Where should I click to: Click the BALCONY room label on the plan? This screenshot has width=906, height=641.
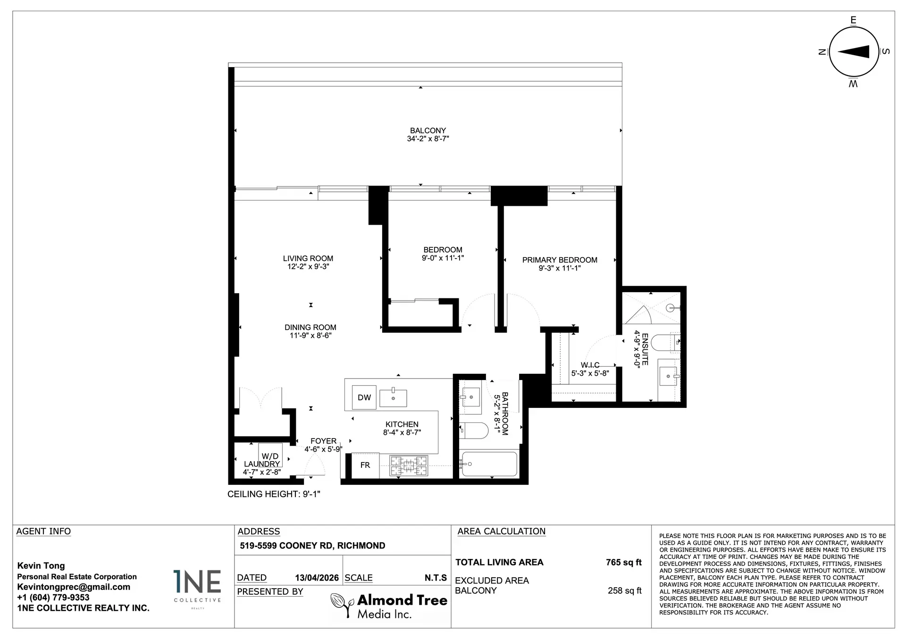pyautogui.click(x=428, y=131)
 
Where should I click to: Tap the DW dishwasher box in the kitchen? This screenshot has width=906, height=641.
pyautogui.click(x=364, y=397)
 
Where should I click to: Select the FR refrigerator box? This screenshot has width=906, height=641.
pyautogui.click(x=365, y=465)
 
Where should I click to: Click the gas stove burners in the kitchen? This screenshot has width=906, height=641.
pyautogui.click(x=409, y=465)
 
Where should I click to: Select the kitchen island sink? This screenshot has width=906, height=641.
pyautogui.click(x=393, y=397)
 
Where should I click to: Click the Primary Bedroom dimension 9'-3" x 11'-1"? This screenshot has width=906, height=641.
pyautogui.click(x=560, y=268)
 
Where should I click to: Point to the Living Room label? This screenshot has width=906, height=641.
pyautogui.click(x=308, y=258)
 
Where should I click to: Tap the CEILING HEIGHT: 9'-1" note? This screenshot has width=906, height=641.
pyautogui.click(x=274, y=494)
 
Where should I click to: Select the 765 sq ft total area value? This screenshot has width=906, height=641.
pyautogui.click(x=623, y=562)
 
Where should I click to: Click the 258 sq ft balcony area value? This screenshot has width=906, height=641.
pyautogui.click(x=624, y=590)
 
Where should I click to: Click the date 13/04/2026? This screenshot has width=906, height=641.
pyautogui.click(x=317, y=578)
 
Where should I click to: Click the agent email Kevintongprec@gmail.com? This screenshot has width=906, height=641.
pyautogui.click(x=74, y=587)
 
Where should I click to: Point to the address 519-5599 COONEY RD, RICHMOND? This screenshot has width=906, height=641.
pyautogui.click(x=312, y=546)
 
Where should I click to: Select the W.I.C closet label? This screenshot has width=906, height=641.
pyautogui.click(x=590, y=365)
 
